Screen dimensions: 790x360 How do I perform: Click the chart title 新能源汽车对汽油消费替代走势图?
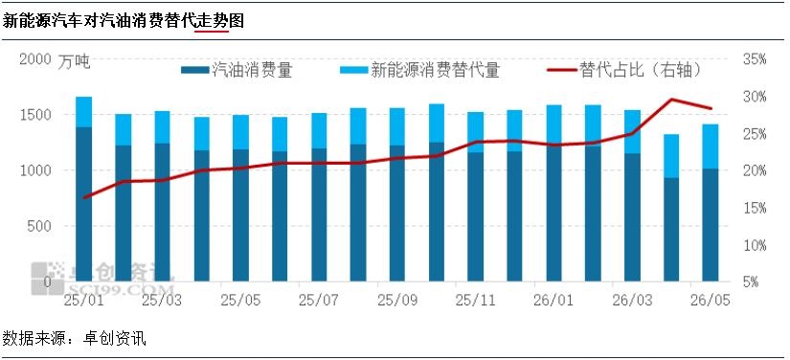pyautogui.click(x=124, y=21)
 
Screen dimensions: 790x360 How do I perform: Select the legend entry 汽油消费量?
pyautogui.click(x=237, y=70)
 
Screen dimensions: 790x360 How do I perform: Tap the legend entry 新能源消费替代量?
pyautogui.click(x=419, y=70)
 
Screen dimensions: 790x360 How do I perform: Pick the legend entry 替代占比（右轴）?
pyautogui.click(x=624, y=70)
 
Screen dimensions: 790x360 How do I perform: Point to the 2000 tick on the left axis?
pyautogui.click(x=35, y=59)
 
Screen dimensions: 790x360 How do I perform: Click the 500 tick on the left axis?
pyautogui.click(x=39, y=226)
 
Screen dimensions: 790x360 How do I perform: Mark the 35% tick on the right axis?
pyautogui.click(x=755, y=59)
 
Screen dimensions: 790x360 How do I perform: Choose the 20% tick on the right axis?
pyautogui.click(x=755, y=171)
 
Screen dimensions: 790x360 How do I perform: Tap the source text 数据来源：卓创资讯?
pyautogui.click(x=75, y=338)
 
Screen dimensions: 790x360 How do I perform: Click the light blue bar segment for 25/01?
pyautogui.click(x=83, y=112)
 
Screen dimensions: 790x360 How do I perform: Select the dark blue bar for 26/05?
pyautogui.click(x=711, y=225)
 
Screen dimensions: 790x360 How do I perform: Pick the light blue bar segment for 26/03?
pyautogui.click(x=632, y=131)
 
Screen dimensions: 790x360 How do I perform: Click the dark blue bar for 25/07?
pyautogui.click(x=319, y=215)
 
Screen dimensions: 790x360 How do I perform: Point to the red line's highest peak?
pyautogui.click(x=671, y=99)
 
